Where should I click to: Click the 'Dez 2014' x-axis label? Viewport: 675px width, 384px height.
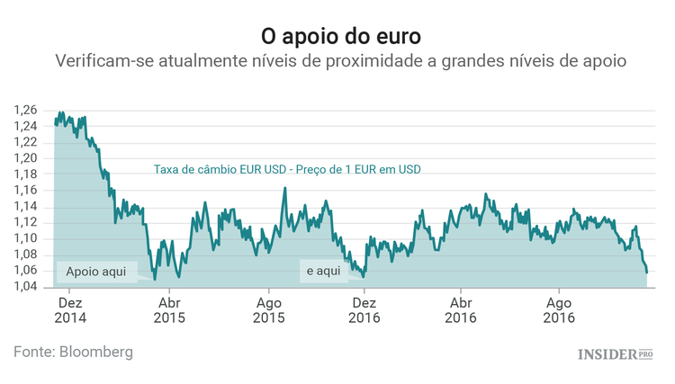(70, 310)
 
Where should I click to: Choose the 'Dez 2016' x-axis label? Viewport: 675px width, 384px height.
(364, 310)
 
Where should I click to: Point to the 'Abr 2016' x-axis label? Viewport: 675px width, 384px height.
(462, 310)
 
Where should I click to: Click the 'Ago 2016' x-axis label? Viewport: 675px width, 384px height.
(559, 310)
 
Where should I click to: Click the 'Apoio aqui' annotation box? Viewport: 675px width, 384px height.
(96, 271)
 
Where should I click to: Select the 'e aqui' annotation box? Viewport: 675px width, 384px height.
(323, 271)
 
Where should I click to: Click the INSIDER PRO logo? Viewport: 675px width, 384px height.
(615, 354)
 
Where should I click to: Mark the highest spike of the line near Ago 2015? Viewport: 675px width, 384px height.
(285, 188)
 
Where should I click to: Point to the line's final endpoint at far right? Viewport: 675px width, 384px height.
(646, 272)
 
